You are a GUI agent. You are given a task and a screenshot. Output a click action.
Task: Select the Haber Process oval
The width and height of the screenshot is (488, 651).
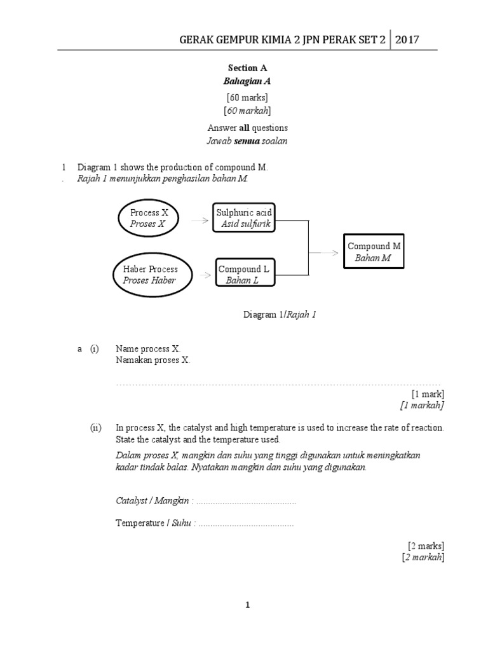(151, 275)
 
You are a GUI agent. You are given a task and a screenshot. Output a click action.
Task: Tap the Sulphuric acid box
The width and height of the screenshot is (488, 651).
(245, 218)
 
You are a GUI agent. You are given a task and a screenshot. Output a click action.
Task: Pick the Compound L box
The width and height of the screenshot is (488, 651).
(244, 275)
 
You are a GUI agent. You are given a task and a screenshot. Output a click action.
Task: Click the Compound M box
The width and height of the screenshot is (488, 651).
(374, 252)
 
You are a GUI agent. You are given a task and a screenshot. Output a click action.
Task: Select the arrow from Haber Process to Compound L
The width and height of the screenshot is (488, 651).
(205, 275)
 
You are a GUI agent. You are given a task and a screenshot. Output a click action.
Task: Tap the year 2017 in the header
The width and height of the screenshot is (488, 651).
(407, 40)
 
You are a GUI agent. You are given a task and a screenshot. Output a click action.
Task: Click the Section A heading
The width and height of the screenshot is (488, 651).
(243, 67)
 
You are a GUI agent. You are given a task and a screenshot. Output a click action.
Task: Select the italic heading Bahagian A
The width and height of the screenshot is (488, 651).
(244, 81)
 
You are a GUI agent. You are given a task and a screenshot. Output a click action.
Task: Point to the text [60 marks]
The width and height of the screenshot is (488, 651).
(247, 97)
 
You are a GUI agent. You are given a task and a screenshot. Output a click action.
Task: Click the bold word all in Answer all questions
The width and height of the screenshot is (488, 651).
(247, 128)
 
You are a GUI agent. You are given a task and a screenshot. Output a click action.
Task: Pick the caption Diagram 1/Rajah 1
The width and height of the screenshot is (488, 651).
(280, 314)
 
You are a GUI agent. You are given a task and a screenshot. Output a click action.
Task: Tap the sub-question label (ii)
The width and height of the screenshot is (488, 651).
(95, 427)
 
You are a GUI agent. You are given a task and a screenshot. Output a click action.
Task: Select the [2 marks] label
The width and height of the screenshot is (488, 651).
(426, 545)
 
